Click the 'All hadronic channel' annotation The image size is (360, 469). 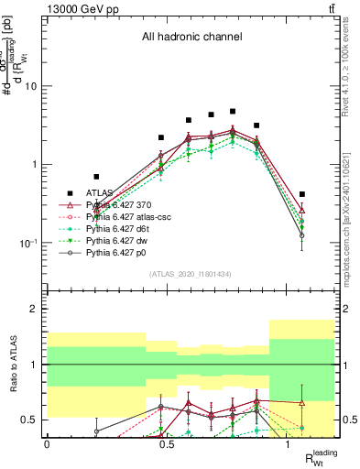tap(191, 38)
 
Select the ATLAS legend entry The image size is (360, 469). tap(100, 193)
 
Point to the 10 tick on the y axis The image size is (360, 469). tap(31, 86)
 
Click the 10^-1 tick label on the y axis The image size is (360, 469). tap(27, 244)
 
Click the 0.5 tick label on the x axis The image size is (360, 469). tap(167, 444)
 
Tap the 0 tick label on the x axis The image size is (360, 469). tap(47, 444)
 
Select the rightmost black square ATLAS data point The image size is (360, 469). tap(302, 194)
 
